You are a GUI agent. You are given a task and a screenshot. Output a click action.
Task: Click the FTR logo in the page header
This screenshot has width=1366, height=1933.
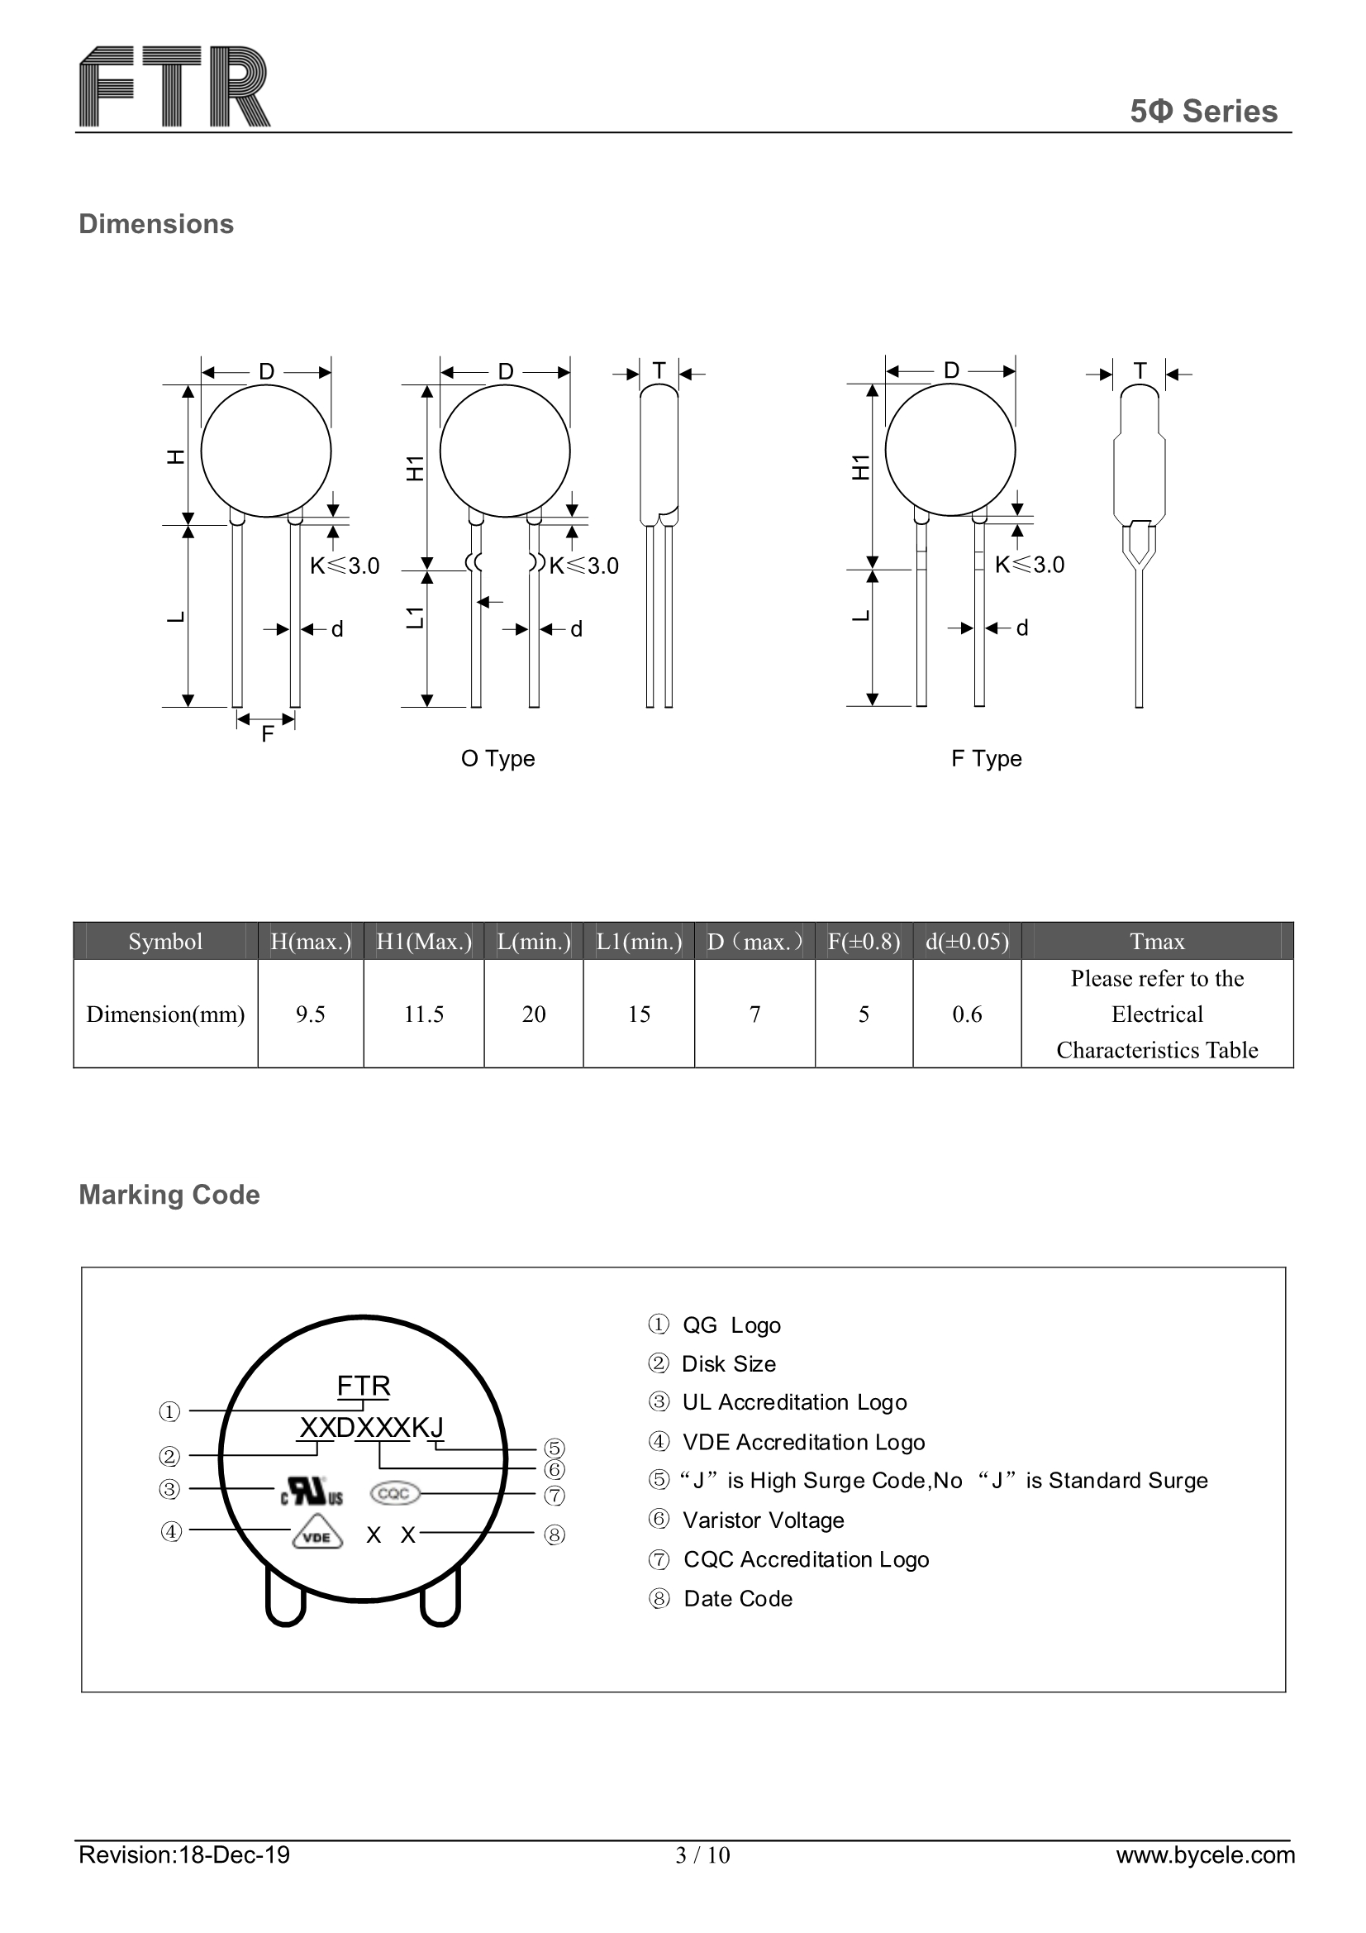tap(174, 87)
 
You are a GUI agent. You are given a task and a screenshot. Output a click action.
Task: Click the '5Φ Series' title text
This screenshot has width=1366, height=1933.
tap(1202, 111)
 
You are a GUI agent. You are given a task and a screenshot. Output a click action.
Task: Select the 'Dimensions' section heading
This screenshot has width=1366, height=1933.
tap(155, 224)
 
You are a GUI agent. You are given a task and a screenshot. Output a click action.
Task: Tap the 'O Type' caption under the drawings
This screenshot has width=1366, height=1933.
tap(497, 758)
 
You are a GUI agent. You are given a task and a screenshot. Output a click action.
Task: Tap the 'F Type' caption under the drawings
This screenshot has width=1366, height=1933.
tap(986, 758)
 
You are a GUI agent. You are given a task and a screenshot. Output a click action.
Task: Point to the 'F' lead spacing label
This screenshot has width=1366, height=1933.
tap(267, 734)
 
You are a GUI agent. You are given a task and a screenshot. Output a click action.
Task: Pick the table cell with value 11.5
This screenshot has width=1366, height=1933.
tap(423, 1014)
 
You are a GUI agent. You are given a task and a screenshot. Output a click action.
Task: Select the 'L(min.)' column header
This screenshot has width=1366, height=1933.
tap(534, 941)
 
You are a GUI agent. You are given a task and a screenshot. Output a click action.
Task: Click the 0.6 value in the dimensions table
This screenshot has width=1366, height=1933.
tap(966, 1014)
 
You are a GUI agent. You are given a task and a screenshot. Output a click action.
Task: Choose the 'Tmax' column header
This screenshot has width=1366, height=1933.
tap(1156, 941)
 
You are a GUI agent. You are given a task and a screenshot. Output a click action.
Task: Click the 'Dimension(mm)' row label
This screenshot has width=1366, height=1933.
tap(165, 1014)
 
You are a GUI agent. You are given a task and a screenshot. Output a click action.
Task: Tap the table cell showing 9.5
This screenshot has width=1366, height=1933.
tap(310, 1014)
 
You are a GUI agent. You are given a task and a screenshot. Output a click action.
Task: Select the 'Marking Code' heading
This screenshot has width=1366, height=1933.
tap(169, 1195)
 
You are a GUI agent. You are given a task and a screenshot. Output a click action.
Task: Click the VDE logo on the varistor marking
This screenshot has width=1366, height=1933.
tap(317, 1535)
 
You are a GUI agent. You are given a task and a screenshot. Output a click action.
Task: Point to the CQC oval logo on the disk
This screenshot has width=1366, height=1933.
tap(394, 1493)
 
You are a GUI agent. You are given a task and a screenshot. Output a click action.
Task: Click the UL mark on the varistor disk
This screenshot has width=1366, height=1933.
tap(312, 1492)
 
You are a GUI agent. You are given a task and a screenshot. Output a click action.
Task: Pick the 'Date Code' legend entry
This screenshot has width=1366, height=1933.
tap(737, 1599)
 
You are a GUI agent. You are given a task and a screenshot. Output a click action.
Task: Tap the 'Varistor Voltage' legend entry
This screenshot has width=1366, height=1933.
tap(763, 1520)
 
